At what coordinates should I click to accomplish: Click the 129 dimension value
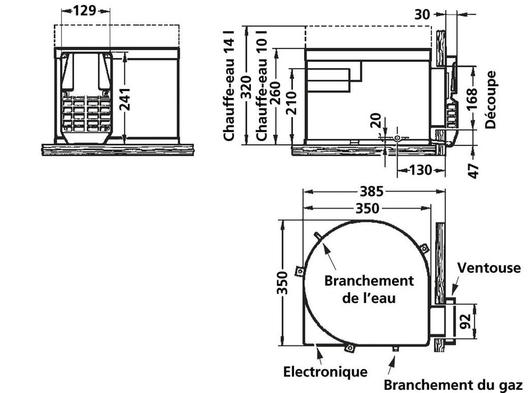click(85, 11)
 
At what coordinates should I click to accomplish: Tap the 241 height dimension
click(125, 100)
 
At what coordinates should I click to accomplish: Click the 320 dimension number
click(246, 88)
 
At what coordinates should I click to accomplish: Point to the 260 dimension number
click(275, 93)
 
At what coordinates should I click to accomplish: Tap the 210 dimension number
click(291, 103)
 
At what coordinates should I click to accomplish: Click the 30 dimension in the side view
click(422, 15)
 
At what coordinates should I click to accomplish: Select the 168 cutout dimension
click(472, 99)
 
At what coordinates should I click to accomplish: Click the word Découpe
click(490, 100)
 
